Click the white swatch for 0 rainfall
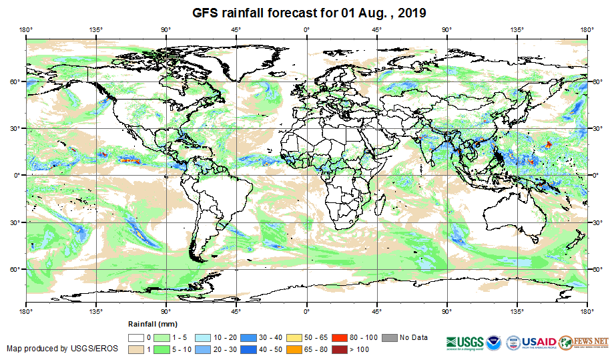(x=136, y=338)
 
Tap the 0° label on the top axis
(x=306, y=29)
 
